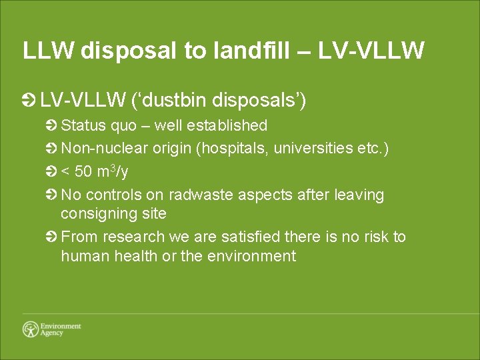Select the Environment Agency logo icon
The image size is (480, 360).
[x=31, y=329]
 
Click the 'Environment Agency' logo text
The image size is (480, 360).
[x=61, y=329]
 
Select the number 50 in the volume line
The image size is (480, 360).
[x=84, y=172]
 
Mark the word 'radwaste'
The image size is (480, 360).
[x=197, y=195]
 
